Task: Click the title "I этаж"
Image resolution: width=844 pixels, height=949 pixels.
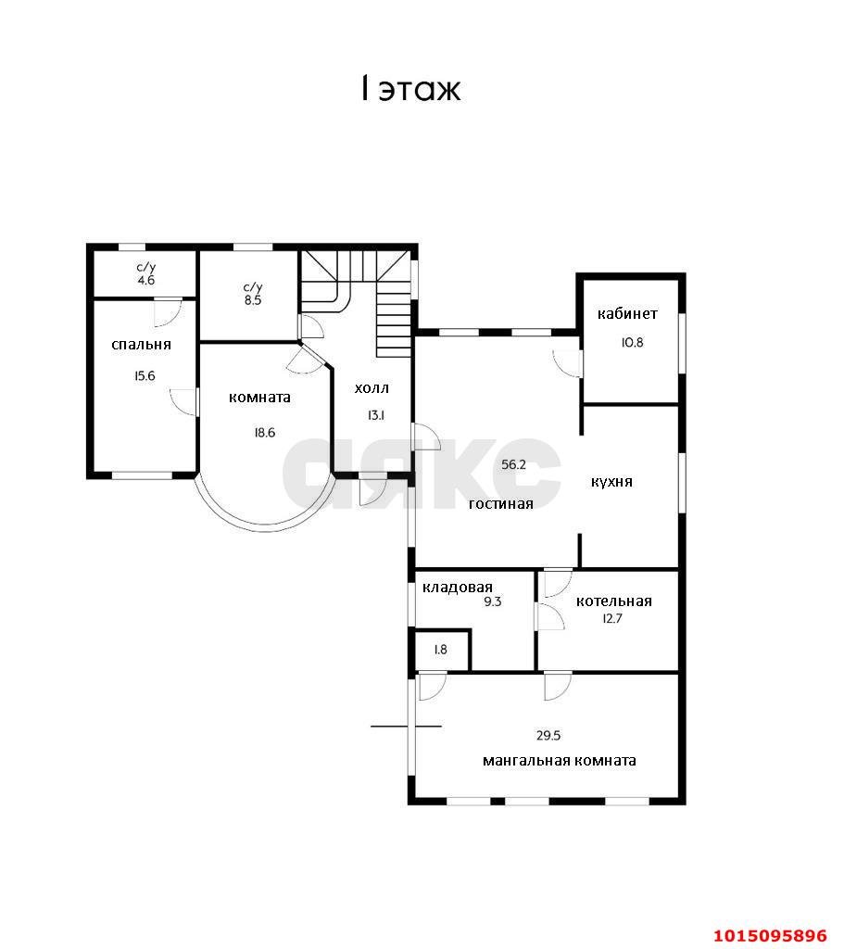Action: tap(410, 89)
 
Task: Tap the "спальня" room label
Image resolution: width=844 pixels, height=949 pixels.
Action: tap(142, 345)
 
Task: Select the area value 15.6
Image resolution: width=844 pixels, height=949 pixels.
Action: tap(145, 376)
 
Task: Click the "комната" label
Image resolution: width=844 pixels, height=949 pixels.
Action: tap(259, 397)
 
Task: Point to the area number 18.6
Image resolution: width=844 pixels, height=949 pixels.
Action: tap(264, 432)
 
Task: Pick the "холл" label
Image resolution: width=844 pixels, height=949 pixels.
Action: tap(372, 388)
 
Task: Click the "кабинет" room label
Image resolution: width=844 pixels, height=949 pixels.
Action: tap(627, 313)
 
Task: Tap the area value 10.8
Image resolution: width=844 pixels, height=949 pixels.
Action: tap(632, 342)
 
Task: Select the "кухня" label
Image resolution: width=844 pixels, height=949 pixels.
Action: tap(611, 482)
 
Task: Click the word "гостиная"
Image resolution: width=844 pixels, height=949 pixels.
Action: tap(501, 503)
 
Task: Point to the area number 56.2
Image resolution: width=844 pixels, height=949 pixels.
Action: tap(513, 465)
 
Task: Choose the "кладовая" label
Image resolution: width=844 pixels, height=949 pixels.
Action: tap(458, 587)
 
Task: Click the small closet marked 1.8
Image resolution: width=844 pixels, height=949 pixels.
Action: tap(441, 650)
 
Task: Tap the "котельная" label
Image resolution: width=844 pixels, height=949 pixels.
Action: tap(614, 601)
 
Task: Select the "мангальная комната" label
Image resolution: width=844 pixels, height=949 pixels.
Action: tap(559, 761)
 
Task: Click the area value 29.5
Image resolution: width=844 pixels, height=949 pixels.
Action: tap(548, 735)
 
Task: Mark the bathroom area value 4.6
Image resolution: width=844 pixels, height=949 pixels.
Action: tap(145, 280)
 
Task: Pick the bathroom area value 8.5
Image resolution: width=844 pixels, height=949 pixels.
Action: tap(253, 300)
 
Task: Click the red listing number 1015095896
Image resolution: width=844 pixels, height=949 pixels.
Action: tap(770, 935)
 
